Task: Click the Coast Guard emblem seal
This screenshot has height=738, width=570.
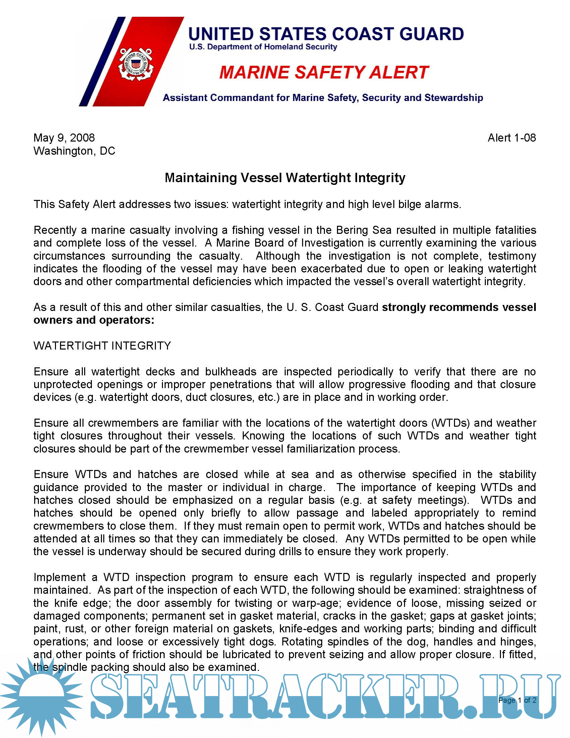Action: (x=136, y=64)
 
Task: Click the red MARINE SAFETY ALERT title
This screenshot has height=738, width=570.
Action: (x=324, y=73)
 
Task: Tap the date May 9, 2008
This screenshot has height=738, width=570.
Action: (x=64, y=138)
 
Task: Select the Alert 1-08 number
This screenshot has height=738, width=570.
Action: (x=511, y=138)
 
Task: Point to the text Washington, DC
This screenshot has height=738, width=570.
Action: (x=74, y=151)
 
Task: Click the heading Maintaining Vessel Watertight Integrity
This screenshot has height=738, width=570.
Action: (x=285, y=178)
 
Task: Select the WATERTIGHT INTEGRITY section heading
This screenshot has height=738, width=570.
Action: (x=102, y=346)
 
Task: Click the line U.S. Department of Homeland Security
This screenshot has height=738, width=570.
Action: (x=263, y=47)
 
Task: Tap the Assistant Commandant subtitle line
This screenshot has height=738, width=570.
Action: (x=323, y=98)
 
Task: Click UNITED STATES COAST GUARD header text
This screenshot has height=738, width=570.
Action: (x=326, y=34)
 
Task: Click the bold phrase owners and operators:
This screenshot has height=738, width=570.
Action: (x=94, y=320)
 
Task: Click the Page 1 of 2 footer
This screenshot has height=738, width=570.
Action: (x=517, y=700)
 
